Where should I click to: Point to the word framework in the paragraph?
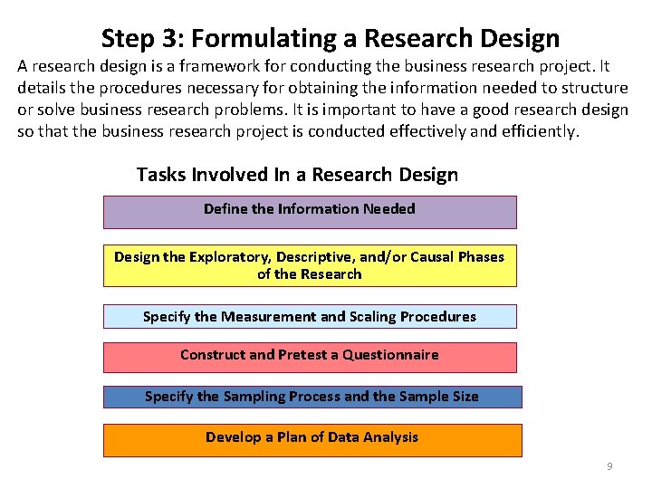(x=224, y=67)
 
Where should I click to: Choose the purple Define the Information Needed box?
(x=310, y=212)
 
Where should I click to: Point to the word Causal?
(x=434, y=257)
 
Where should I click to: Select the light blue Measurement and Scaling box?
(x=310, y=316)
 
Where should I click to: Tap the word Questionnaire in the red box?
(x=390, y=355)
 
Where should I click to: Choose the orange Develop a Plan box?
(x=312, y=439)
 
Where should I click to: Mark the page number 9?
(x=609, y=466)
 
